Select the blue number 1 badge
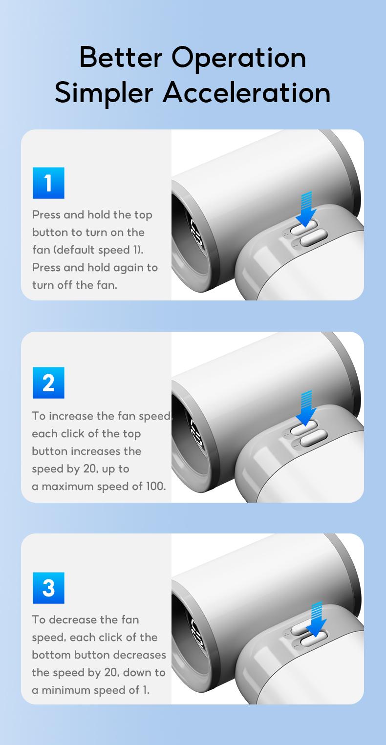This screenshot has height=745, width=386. pyautogui.click(x=48, y=183)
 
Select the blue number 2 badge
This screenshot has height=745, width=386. pyautogui.click(x=48, y=383)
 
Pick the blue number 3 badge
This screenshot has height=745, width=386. pyautogui.click(x=48, y=588)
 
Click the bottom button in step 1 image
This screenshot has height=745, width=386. pyautogui.click(x=313, y=239)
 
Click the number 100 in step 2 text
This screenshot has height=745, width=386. pyautogui.click(x=156, y=486)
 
